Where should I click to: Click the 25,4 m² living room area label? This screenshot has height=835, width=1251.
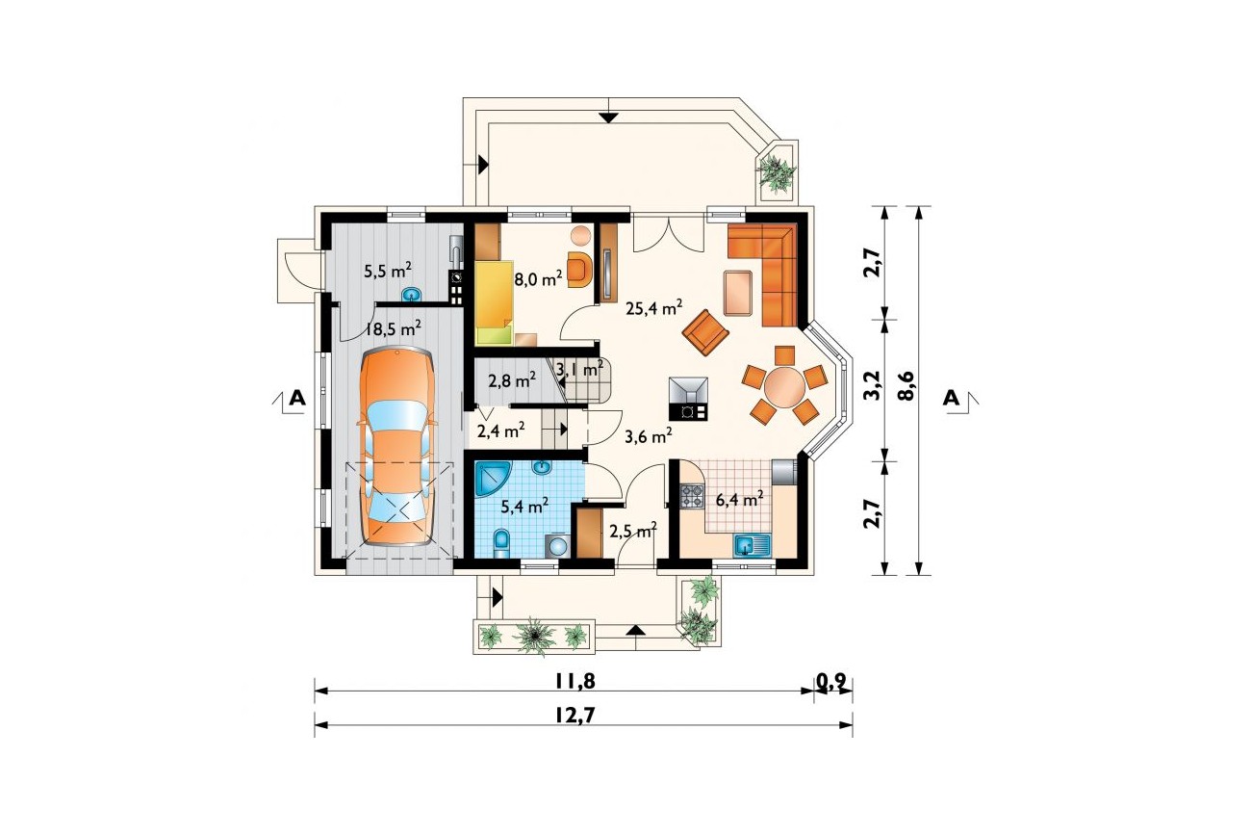654,307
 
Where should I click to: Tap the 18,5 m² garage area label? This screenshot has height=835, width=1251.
393,328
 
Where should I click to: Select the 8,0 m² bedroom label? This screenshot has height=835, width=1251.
538,279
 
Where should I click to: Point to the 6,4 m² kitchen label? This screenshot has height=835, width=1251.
740,499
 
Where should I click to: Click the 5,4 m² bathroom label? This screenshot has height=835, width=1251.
523,507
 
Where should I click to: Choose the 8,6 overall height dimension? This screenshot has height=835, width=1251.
906,385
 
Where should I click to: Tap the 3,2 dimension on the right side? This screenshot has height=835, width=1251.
874,385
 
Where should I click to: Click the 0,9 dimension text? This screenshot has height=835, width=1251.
832,681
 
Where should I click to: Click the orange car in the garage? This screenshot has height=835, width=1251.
396,446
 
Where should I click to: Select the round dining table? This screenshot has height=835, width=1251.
784,385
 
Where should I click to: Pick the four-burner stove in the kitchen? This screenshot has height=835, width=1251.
691,496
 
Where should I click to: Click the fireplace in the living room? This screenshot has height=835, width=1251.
689,399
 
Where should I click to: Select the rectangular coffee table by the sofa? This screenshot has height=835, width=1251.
738,294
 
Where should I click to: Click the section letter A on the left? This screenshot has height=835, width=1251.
297,398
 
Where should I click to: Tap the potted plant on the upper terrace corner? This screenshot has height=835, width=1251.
776,171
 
